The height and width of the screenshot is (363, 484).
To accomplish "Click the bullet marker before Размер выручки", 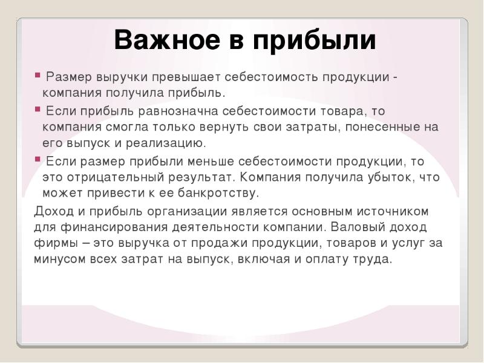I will pos(38,76).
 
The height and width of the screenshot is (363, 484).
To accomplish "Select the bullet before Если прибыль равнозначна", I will pos(38,110).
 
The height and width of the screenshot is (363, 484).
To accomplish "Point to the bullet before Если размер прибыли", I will pos(38,160).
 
